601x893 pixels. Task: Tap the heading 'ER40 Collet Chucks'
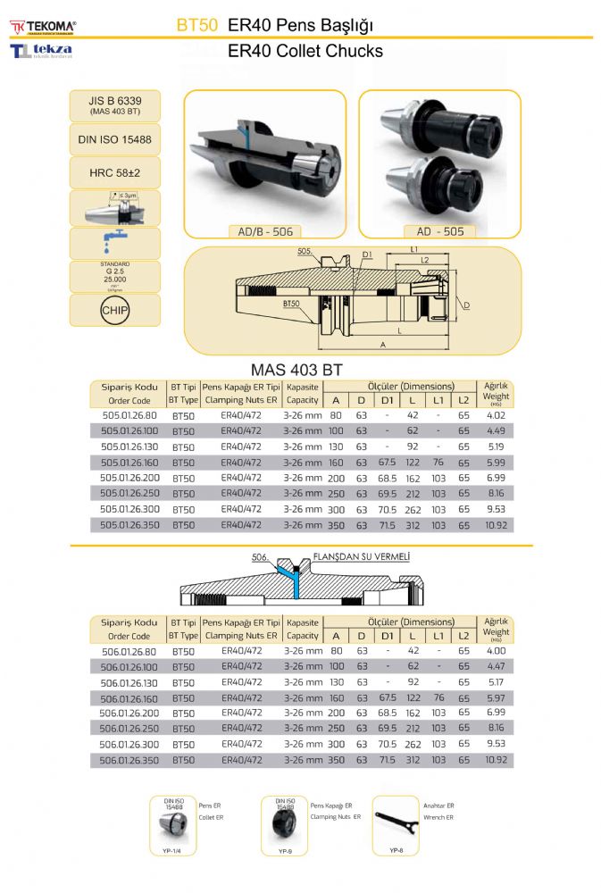tap(305, 51)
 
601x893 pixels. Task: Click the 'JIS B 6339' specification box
tap(115, 105)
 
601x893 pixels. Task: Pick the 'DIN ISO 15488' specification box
tap(115, 139)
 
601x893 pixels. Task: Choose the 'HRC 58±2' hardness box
tap(115, 171)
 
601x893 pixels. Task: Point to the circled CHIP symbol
tap(115, 311)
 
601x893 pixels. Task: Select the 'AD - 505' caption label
tap(440, 231)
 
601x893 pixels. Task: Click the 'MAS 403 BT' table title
tap(296, 370)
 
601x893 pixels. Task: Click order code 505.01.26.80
tap(129, 415)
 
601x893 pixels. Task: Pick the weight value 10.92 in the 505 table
tap(496, 525)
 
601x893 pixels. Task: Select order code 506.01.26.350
tap(129, 760)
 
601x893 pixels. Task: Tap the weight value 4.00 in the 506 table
tap(496, 651)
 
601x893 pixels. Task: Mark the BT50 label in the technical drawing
tap(291, 304)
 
